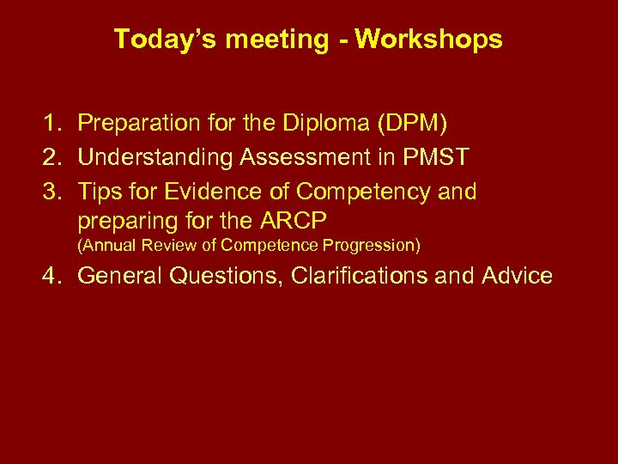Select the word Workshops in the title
(x=429, y=40)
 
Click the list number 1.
(x=54, y=123)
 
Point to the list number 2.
(x=54, y=156)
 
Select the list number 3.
(x=54, y=191)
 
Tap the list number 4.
(x=54, y=276)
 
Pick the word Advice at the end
(x=517, y=276)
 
